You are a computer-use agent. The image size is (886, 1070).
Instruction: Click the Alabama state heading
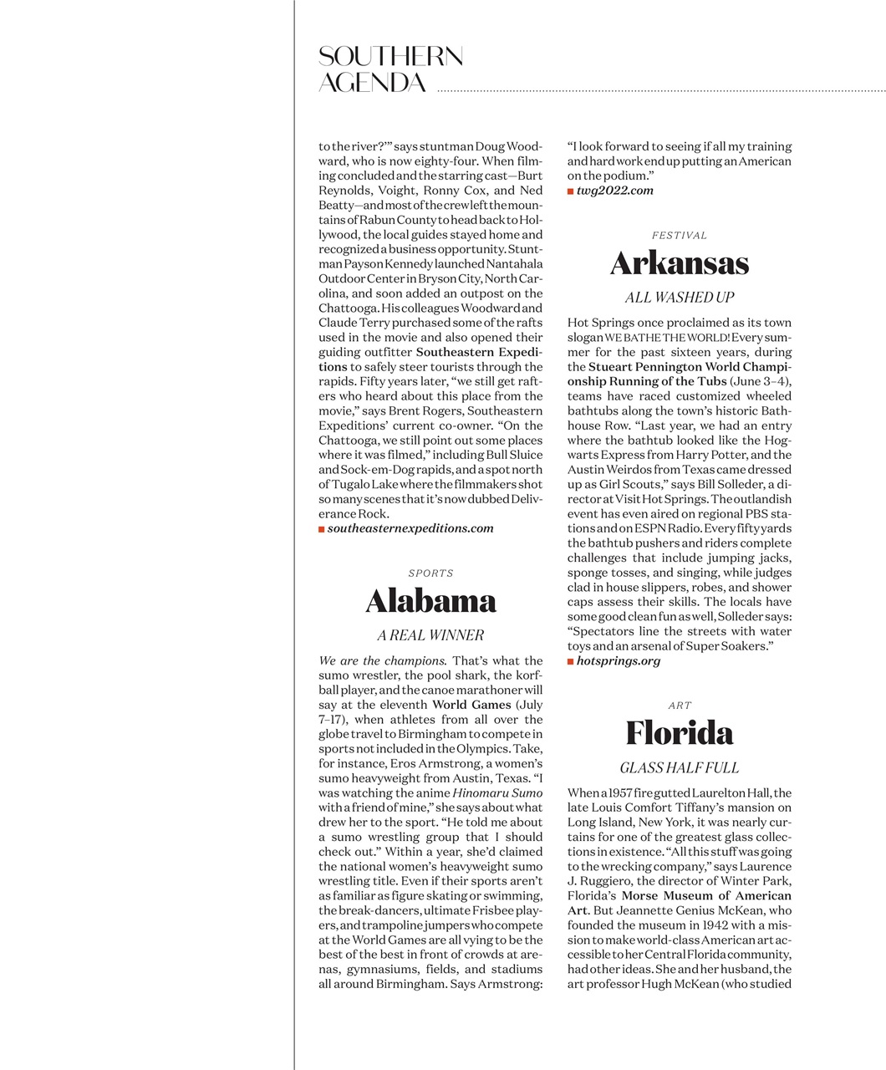click(430, 601)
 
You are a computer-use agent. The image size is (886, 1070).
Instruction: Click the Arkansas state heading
click(679, 263)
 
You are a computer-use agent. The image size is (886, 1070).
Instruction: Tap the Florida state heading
click(679, 733)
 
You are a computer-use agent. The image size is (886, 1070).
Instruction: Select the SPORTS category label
click(430, 573)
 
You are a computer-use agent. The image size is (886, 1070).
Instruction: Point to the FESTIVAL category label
click(679, 236)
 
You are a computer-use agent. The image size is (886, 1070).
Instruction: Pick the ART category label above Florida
click(680, 706)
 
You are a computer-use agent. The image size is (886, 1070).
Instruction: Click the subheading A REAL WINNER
click(430, 635)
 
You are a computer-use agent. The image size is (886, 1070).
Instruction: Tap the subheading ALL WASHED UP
click(679, 298)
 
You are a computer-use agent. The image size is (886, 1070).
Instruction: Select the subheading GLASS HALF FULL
click(679, 767)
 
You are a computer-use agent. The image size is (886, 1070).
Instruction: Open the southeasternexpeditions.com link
click(410, 528)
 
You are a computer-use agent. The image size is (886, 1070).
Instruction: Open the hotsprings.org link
click(619, 661)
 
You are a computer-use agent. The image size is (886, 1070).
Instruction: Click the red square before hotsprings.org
click(571, 661)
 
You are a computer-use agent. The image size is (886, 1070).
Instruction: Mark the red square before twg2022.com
click(571, 191)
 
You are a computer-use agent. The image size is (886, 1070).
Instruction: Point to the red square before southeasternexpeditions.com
click(322, 529)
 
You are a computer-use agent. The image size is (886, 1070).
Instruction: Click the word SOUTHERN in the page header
click(390, 57)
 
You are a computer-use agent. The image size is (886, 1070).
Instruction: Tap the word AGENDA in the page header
click(373, 83)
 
